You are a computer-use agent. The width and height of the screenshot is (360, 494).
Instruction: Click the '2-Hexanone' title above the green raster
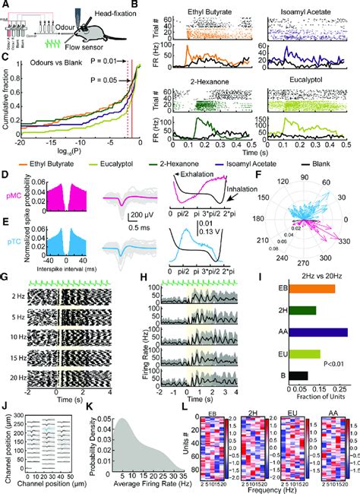(x=207, y=80)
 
